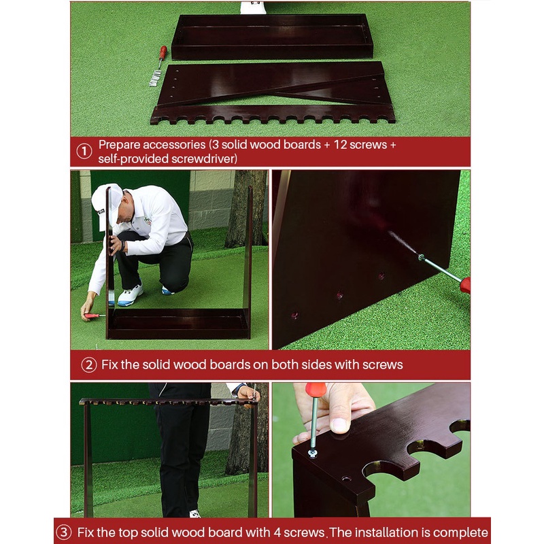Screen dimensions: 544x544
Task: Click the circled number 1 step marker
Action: point(84,151)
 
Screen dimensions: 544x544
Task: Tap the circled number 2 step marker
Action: point(89,365)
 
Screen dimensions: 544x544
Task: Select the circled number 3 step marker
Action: point(64,532)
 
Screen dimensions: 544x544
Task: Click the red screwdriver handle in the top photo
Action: point(163,52)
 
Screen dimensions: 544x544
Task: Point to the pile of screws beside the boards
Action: point(156,78)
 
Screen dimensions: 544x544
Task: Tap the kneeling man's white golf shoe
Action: point(130,295)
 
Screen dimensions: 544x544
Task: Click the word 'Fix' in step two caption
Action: point(109,364)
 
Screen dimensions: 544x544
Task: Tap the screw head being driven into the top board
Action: point(313,452)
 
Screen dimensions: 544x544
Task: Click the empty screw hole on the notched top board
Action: point(346,479)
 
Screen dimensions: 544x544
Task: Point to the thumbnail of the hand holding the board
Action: point(339,424)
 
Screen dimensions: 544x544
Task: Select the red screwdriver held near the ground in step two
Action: point(94,316)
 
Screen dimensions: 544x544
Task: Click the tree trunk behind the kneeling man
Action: point(246,208)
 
